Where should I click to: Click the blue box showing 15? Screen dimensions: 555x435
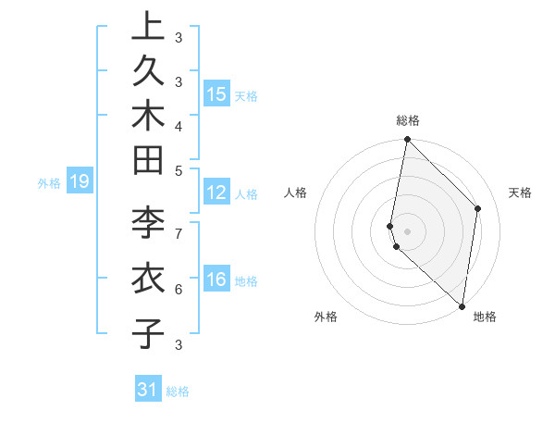216,94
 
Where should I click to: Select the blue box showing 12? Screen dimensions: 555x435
216,193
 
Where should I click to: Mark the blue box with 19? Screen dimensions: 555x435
80,182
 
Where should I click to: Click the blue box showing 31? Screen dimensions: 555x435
148,390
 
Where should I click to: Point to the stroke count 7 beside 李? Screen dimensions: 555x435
179,231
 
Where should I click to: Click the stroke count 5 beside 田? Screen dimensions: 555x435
179,169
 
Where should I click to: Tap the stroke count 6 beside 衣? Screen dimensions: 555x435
179,289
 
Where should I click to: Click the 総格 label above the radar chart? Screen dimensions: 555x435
408,120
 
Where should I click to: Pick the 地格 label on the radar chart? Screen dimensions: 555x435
485,317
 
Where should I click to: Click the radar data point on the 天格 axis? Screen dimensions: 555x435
478,208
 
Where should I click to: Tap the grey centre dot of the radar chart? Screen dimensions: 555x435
408,230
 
